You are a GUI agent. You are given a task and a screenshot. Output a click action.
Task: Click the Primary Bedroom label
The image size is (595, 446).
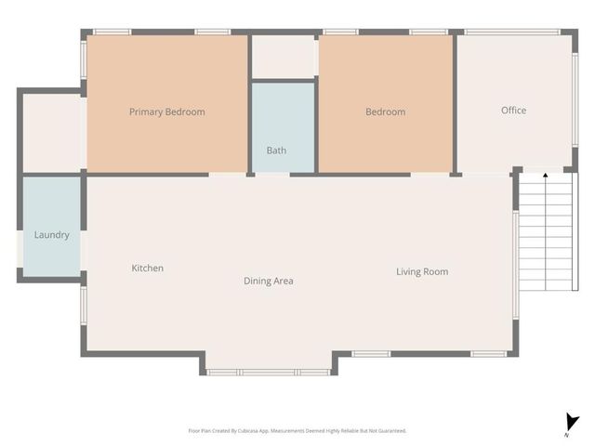pos(166,111)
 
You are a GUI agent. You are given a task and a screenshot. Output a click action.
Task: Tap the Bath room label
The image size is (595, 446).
pos(276,150)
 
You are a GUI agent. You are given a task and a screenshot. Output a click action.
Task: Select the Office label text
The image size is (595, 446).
pos(513,111)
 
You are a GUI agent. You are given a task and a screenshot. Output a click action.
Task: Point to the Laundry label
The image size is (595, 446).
pos(51,235)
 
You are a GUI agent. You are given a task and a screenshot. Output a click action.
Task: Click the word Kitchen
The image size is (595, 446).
pos(147,269)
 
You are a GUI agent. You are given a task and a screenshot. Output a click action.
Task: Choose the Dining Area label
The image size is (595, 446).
pos(269,281)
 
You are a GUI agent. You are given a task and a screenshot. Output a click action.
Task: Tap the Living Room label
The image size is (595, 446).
pos(422,271)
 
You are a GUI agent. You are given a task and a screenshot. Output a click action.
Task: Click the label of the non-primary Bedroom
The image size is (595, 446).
pos(385,111)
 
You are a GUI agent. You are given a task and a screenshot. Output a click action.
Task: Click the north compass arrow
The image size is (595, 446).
pos(572,421)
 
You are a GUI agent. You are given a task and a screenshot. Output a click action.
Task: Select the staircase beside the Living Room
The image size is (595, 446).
pos(546,232)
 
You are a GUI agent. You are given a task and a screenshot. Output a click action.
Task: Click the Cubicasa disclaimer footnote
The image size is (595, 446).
pos(297,431)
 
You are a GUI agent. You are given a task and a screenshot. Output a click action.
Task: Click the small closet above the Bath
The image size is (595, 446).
pos(284,58)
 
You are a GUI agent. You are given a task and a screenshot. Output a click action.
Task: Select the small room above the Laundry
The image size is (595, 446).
pos(51,133)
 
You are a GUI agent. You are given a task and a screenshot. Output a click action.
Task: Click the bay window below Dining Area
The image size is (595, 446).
pos(268,372)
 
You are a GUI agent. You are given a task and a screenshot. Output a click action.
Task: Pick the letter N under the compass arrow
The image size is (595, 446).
pos(566,435)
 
